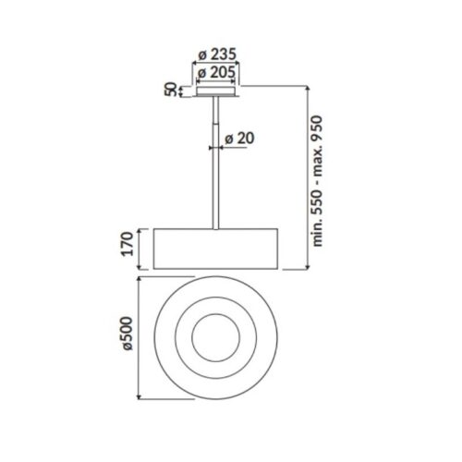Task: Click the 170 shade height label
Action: coord(128,246)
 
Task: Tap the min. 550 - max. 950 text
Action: coord(318,180)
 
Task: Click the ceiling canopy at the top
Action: coord(215,91)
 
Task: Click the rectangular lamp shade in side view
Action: coord(215,246)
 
